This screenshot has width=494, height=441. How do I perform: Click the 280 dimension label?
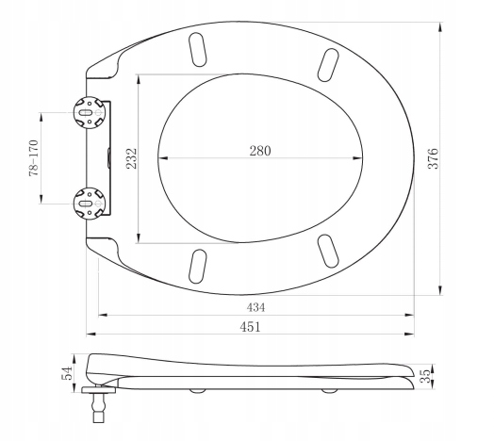click(260, 151)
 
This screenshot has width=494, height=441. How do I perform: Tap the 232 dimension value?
click(132, 158)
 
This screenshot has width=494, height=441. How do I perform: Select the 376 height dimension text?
click(434, 158)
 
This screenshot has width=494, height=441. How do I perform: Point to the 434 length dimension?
click(255, 307)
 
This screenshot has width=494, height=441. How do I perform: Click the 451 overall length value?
click(250, 327)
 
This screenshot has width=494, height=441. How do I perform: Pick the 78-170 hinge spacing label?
click(33, 157)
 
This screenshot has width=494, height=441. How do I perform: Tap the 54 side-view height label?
click(67, 373)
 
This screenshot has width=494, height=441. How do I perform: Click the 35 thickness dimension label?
click(425, 376)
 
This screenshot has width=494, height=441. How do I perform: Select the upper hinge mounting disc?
click(90, 112)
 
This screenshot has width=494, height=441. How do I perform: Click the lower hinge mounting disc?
click(90, 204)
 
